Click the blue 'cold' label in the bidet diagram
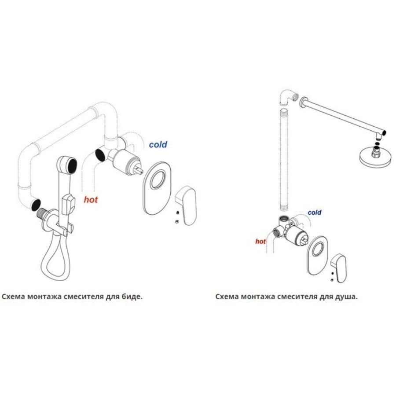pyautogui.click(x=158, y=144)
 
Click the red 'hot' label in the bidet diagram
pyautogui.click(x=91, y=199)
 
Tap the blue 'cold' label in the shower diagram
pyautogui.click(x=315, y=213)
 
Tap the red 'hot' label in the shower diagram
pyautogui.click(x=260, y=242)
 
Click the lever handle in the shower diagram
pyautogui.click(x=339, y=268)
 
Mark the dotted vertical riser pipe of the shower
pyautogui.click(x=284, y=159)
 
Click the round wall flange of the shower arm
pyautogui.click(x=303, y=102)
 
